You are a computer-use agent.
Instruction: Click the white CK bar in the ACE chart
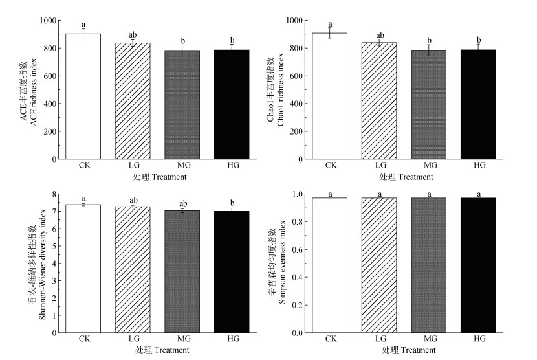point(83,97)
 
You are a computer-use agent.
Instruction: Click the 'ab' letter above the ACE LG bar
point(133,35)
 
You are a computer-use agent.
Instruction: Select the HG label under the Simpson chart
point(479,339)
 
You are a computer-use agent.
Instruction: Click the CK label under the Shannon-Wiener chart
point(83,339)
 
